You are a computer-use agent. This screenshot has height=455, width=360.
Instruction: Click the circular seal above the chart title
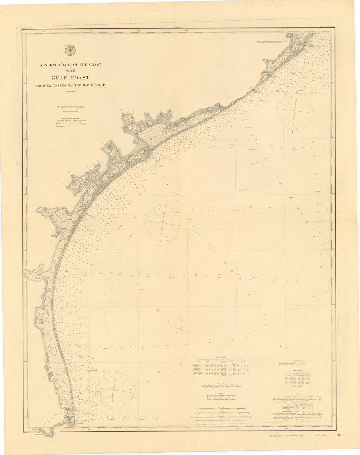point(70,50)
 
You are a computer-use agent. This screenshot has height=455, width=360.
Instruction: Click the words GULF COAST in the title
point(70,78)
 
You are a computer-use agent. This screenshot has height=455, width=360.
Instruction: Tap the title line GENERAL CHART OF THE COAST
point(70,64)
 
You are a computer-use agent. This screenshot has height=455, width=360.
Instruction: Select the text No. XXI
point(70,71)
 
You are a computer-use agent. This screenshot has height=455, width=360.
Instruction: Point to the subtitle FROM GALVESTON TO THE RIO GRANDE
point(70,85)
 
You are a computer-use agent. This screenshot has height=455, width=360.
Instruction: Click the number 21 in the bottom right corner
point(338,444)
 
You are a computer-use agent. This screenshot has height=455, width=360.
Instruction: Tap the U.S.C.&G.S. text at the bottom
point(319,444)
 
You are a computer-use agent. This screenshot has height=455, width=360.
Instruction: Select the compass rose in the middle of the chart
point(163,221)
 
